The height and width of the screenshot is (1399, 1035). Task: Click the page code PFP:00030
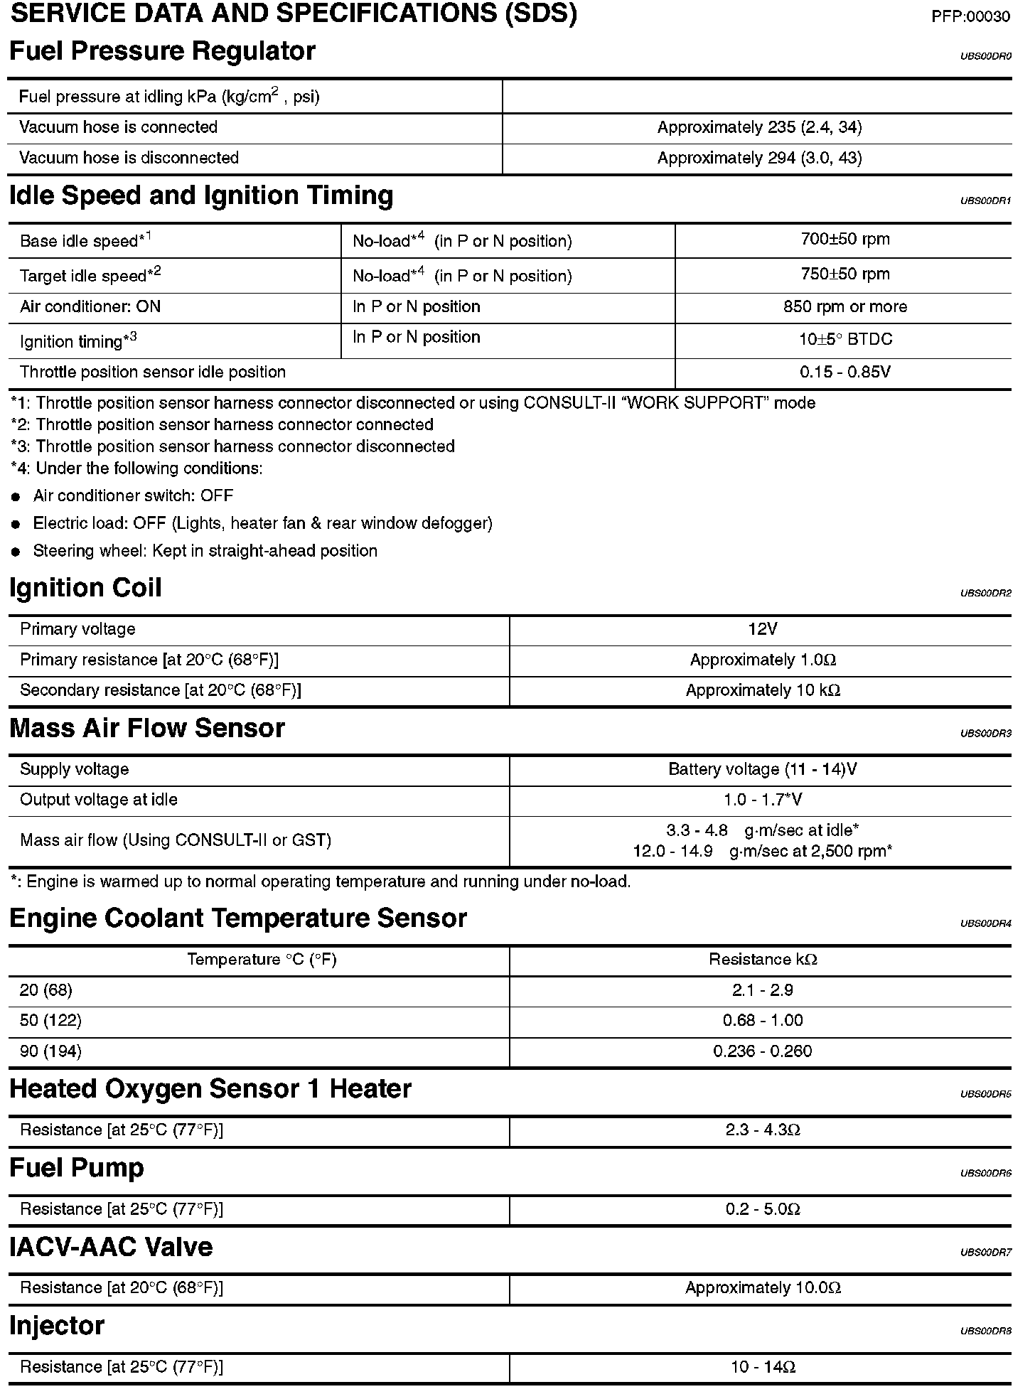pyautogui.click(x=970, y=17)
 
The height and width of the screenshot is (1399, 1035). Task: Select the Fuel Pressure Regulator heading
pyautogui.click(x=162, y=52)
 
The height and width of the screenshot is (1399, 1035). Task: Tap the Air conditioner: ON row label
pyautogui.click(x=90, y=306)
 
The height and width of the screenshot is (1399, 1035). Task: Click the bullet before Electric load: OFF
pyautogui.click(x=16, y=525)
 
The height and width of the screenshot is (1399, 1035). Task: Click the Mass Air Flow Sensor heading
pyautogui.click(x=147, y=729)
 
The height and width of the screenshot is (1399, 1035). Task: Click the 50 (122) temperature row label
pyautogui.click(x=50, y=1021)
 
